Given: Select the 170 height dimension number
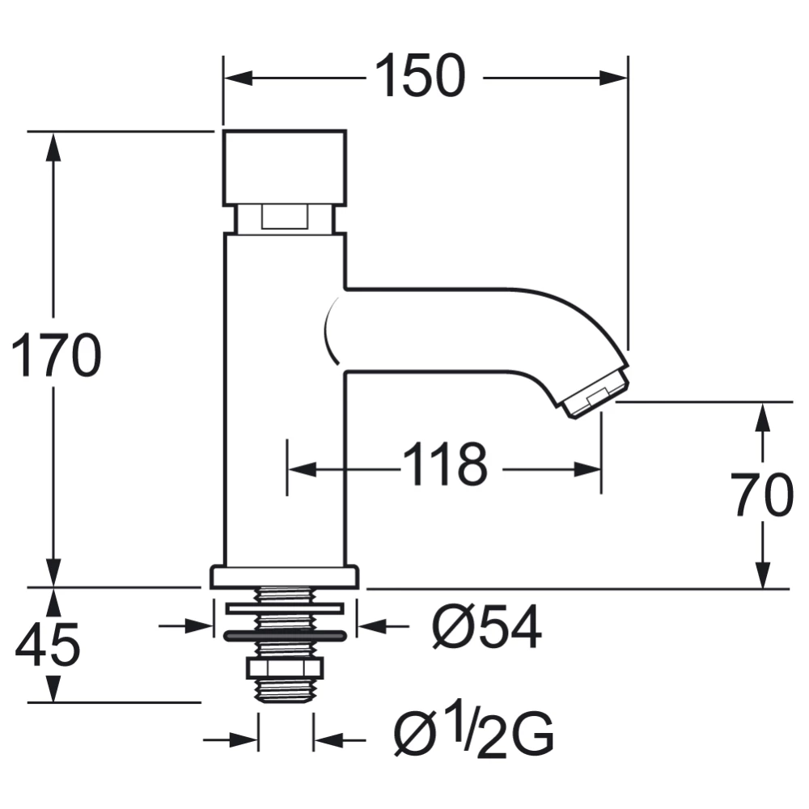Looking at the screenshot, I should pyautogui.click(x=55, y=356).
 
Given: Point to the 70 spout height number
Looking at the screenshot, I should pyautogui.click(x=762, y=495).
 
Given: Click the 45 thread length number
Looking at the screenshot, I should pyautogui.click(x=48, y=645).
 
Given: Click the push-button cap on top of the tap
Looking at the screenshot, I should pyautogui.click(x=284, y=166).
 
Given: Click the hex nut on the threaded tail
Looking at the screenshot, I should pyautogui.click(x=284, y=668).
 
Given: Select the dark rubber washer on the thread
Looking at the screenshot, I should pyautogui.click(x=284, y=636).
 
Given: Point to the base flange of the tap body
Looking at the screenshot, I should pyautogui.click(x=284, y=577).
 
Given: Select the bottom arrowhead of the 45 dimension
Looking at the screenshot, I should pyautogui.click(x=53, y=691).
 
